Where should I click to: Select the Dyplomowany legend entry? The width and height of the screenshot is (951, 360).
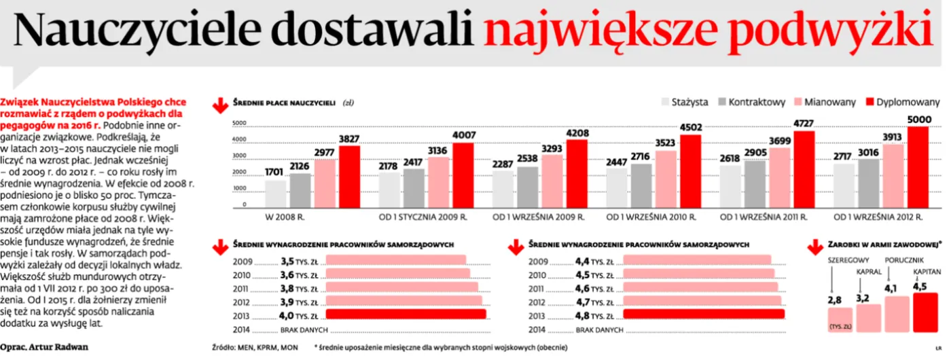[x=908, y=102]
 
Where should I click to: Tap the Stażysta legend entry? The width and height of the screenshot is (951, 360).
[x=689, y=102]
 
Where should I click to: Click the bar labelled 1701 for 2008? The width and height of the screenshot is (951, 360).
[x=275, y=194]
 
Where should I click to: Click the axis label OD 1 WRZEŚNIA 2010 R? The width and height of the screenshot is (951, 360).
[x=651, y=217]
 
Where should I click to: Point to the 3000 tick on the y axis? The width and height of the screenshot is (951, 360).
[x=239, y=156]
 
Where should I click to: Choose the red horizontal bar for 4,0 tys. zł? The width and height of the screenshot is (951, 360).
[x=406, y=314]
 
